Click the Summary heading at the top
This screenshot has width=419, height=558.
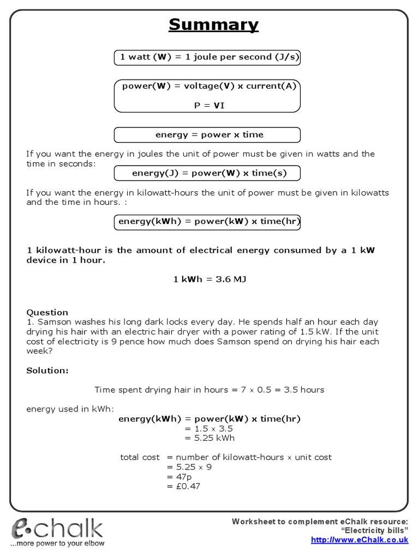click(x=213, y=25)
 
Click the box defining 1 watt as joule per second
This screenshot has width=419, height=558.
click(x=207, y=57)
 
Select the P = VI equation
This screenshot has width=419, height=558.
click(x=209, y=106)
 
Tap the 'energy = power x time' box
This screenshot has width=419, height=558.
click(x=207, y=135)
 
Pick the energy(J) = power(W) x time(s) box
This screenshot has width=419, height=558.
click(x=207, y=173)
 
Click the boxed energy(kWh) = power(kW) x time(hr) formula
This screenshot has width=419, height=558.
click(x=207, y=222)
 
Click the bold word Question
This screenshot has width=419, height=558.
click(x=47, y=312)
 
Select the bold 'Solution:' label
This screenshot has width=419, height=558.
click(x=47, y=371)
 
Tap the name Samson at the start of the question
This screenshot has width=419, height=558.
click(x=50, y=322)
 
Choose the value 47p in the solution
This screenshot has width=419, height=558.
click(x=180, y=477)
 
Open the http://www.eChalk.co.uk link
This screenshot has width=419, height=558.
click(x=359, y=540)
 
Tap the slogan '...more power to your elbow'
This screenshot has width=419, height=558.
click(x=58, y=543)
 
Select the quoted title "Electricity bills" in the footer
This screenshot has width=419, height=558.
click(x=374, y=531)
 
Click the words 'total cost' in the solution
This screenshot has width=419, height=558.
click(x=140, y=457)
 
